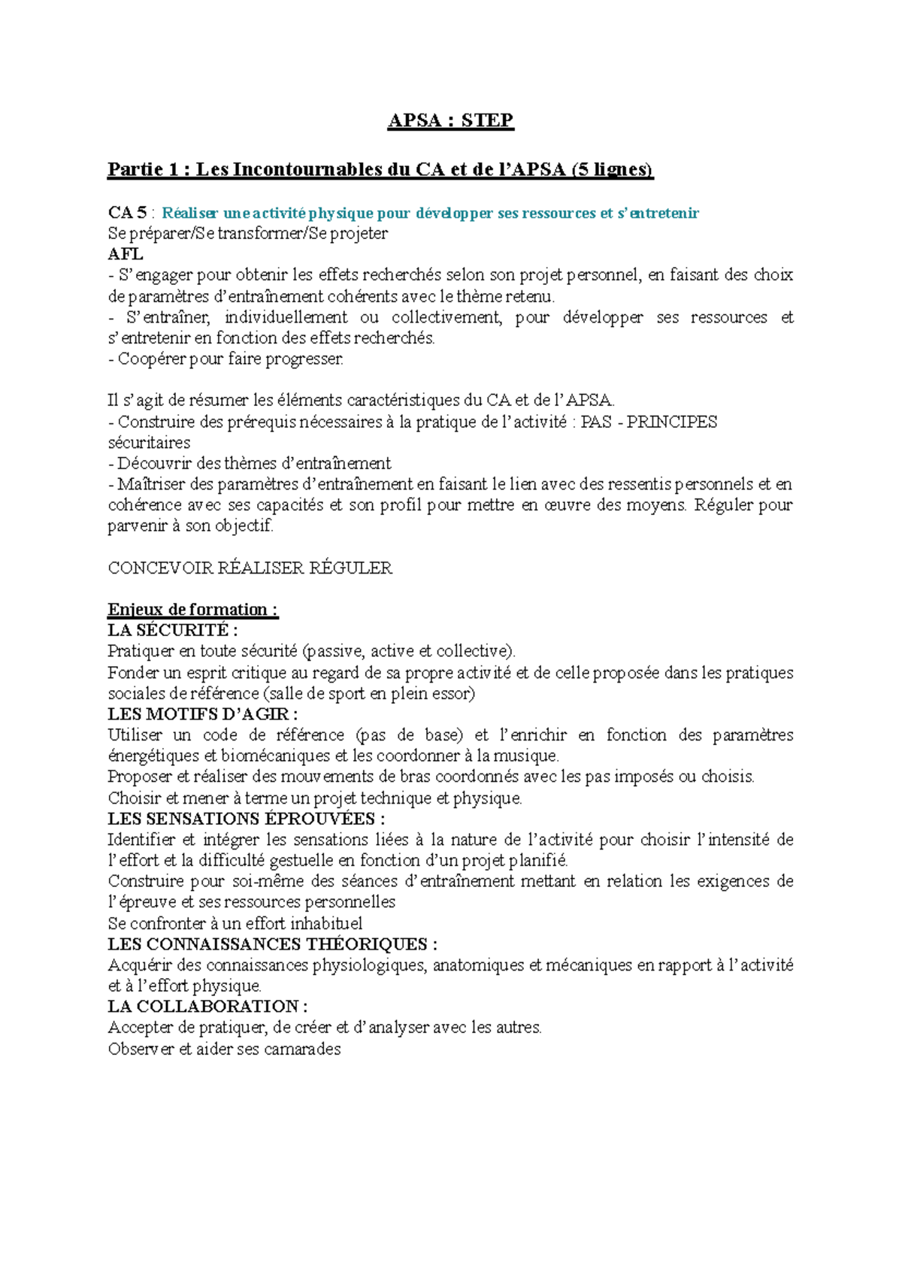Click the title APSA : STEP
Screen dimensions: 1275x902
[450, 120]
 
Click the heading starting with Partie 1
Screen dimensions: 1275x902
[380, 169]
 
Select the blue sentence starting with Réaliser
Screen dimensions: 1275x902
[430, 213]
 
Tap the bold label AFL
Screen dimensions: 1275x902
[125, 254]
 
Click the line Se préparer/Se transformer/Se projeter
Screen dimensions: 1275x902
[247, 233]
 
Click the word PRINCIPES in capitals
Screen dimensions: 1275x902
[671, 422]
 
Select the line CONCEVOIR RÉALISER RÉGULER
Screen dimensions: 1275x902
[250, 568]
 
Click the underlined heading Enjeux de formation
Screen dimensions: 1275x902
[192, 610]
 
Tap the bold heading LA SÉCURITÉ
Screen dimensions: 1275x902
[172, 630]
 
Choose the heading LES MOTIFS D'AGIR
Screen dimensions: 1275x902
[203, 714]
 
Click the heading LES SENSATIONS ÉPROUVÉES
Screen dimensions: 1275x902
[246, 819]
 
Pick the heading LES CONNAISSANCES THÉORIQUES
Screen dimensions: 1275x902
[272, 944]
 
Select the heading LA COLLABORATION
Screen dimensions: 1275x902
[207, 1007]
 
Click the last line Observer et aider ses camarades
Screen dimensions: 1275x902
[224, 1049]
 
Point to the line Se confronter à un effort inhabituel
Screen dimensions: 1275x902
[235, 923]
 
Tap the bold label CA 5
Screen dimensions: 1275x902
[127, 213]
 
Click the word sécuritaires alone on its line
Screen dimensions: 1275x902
[149, 443]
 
